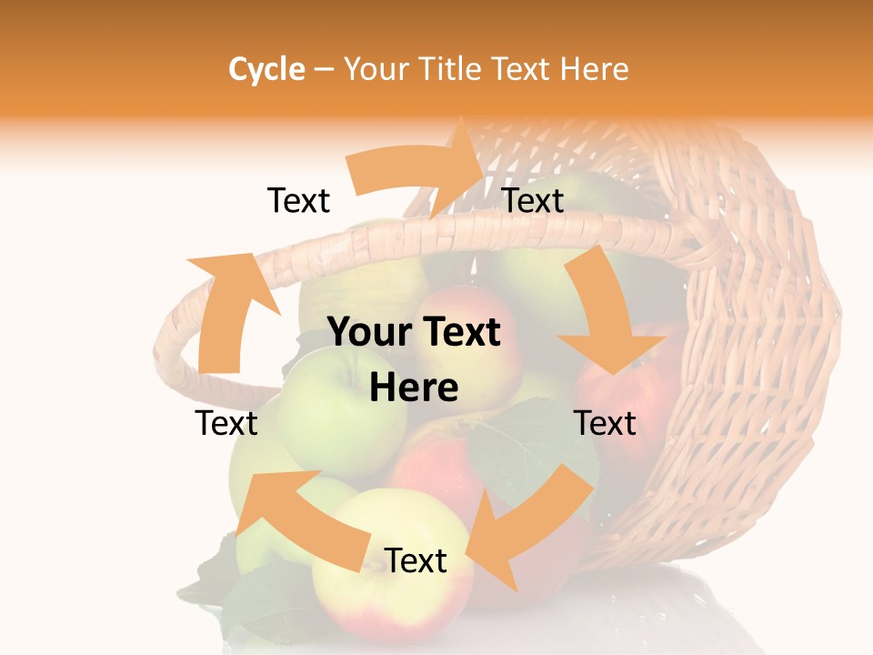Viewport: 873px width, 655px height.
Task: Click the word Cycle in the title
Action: tap(266, 69)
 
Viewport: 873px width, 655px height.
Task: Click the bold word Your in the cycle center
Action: tap(367, 333)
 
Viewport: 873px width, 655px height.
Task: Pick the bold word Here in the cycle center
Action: tap(414, 388)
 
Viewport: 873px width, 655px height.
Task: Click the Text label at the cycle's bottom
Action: tap(416, 561)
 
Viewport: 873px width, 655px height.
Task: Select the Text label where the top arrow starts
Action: tap(298, 201)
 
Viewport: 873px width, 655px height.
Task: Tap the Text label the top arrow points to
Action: tap(533, 201)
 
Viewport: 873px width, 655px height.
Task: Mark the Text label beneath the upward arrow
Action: tap(226, 423)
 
